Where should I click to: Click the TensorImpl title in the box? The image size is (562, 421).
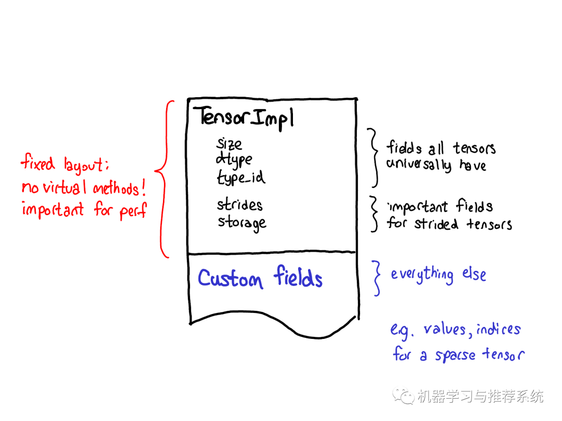(x=244, y=117)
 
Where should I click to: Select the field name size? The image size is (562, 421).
(x=229, y=143)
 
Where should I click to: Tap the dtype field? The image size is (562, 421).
(x=234, y=160)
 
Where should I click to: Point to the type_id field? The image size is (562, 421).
(x=241, y=177)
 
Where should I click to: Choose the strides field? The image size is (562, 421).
(x=239, y=205)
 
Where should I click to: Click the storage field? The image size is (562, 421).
(x=242, y=223)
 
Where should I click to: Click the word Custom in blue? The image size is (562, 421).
(x=231, y=278)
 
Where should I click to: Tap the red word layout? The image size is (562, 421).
(x=86, y=165)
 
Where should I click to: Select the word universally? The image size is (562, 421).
(x=418, y=164)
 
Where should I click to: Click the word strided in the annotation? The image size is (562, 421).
(x=436, y=223)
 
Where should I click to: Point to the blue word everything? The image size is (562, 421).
(x=422, y=275)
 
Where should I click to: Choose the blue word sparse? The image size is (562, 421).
(x=455, y=355)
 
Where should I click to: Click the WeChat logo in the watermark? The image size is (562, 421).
(x=403, y=396)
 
